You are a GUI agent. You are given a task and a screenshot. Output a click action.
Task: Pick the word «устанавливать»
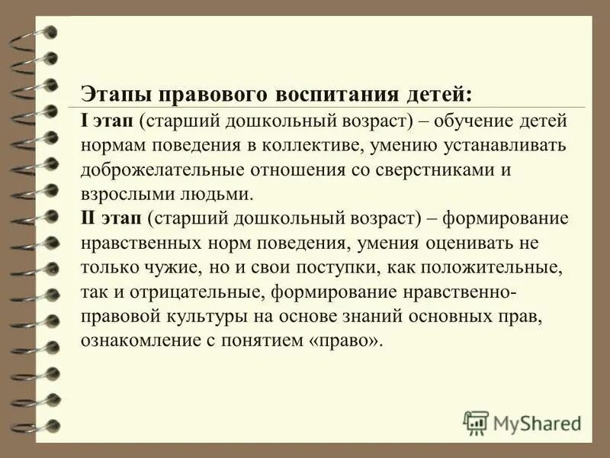pyautogui.click(x=494, y=145)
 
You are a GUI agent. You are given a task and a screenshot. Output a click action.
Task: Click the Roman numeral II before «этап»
pyautogui.click(x=88, y=218)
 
